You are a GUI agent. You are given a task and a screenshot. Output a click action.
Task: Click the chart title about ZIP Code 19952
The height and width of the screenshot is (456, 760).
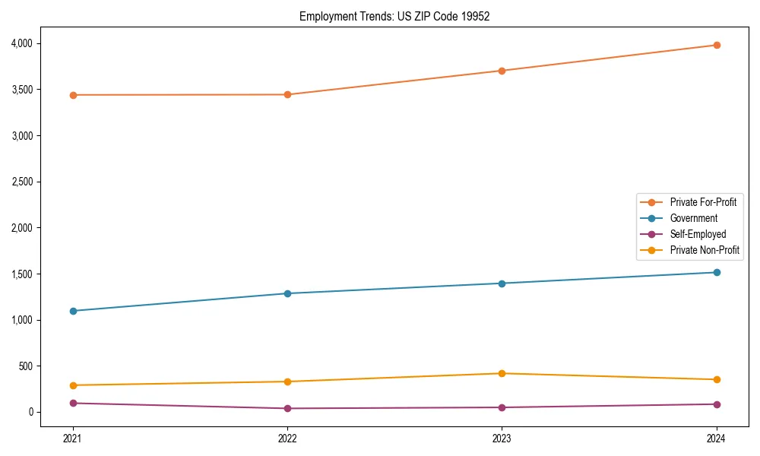tap(395, 16)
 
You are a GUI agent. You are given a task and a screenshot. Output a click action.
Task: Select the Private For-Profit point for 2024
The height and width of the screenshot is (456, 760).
tap(716, 45)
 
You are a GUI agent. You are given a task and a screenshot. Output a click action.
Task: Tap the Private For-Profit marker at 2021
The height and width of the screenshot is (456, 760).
tap(73, 95)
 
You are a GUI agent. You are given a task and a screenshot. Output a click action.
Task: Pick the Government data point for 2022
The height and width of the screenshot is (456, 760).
tap(287, 293)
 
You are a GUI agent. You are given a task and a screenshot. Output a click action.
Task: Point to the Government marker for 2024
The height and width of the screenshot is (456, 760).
tap(716, 272)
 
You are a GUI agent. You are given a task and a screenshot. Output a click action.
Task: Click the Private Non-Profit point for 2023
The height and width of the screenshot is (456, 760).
tap(502, 373)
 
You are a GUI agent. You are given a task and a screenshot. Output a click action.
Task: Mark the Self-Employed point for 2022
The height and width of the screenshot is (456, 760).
tap(287, 408)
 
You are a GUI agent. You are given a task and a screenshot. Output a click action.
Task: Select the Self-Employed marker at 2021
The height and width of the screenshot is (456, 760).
tap(73, 403)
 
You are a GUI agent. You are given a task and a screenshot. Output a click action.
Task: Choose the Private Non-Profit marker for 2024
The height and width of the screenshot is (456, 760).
tap(716, 379)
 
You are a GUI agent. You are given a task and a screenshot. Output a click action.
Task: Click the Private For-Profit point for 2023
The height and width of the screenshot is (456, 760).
tap(502, 71)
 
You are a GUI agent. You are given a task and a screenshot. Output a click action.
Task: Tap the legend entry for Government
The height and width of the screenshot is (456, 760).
tap(693, 218)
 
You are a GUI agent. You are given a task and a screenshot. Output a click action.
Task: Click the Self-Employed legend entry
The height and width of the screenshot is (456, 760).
tap(698, 234)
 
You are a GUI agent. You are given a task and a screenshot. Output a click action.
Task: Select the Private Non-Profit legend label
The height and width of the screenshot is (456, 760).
tap(705, 250)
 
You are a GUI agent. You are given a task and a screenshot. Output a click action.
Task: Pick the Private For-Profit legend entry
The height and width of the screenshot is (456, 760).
tap(703, 202)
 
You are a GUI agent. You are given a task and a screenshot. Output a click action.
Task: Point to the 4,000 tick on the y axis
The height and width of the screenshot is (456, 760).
tap(23, 43)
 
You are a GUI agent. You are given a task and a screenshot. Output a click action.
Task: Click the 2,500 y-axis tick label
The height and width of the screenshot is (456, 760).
tap(23, 182)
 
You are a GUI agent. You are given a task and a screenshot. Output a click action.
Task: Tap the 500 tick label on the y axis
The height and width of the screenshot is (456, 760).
tap(27, 366)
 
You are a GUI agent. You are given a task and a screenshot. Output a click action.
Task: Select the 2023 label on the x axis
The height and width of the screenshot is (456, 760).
tap(502, 438)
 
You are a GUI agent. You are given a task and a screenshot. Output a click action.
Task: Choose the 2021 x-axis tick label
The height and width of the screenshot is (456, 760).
tap(73, 438)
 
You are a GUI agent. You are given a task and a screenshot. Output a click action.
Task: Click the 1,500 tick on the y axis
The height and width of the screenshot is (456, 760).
tap(23, 274)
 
